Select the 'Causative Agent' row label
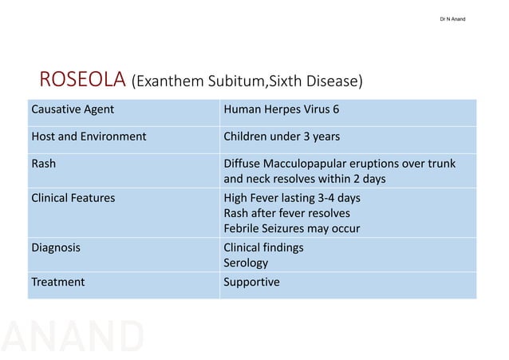(x=73, y=109)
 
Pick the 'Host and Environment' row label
(x=89, y=136)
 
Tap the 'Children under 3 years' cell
(x=282, y=136)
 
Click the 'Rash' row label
(x=43, y=164)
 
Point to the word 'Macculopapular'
(x=306, y=164)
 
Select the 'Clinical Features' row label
(x=73, y=198)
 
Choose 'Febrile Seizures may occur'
(x=292, y=228)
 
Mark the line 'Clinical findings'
(x=264, y=247)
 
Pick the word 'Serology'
(x=247, y=263)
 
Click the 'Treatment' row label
(x=57, y=282)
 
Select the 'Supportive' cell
(x=252, y=282)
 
